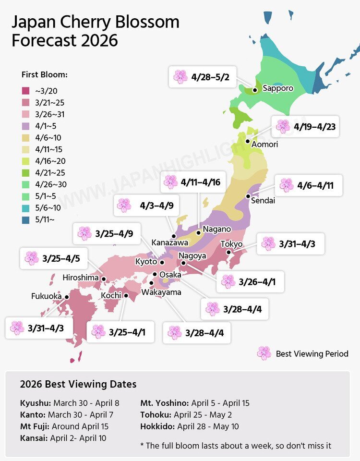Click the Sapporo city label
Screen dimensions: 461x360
277,88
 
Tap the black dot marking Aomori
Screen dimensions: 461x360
247,141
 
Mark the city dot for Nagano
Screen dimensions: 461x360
198,232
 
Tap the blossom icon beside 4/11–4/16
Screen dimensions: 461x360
170,182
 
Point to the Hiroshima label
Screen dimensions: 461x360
81,278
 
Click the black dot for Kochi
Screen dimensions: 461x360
126,296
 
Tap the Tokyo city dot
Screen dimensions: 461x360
229,252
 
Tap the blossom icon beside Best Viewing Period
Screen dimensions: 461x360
264,353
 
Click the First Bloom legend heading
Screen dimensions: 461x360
44,75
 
